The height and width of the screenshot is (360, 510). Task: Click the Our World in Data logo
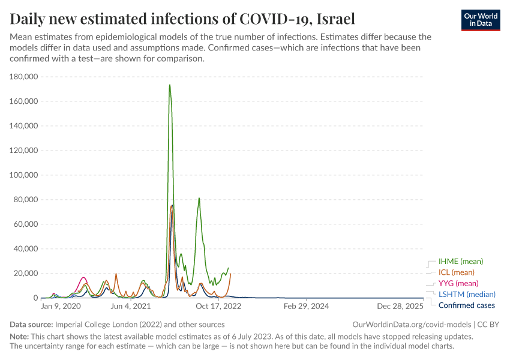click(480, 20)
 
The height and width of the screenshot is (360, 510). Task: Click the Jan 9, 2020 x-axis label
click(61, 306)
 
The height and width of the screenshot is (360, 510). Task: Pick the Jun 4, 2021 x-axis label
click(131, 306)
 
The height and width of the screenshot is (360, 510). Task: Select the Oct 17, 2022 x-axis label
click(219, 306)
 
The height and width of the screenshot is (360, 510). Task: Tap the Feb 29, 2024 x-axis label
click(307, 306)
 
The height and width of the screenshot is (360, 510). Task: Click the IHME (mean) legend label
click(461, 262)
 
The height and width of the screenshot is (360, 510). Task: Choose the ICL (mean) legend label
click(457, 272)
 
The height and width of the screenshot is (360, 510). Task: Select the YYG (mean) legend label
click(458, 283)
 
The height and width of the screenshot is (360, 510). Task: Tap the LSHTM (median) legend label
click(467, 294)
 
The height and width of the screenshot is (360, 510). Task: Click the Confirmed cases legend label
click(467, 305)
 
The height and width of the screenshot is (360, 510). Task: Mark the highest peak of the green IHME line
click(170, 85)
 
